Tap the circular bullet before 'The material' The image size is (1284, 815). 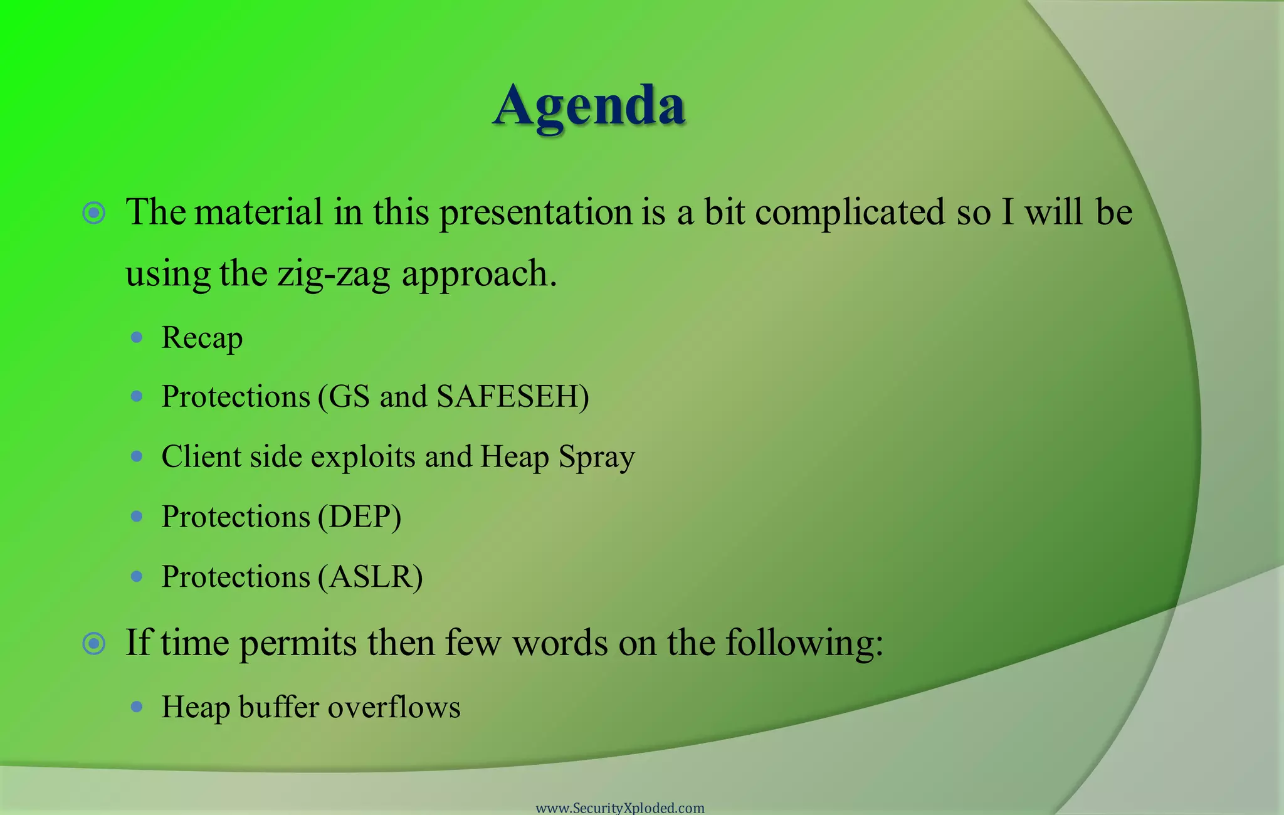pos(94,213)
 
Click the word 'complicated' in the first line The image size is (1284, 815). pos(850,212)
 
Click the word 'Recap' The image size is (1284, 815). pos(202,339)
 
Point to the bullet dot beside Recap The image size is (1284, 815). pos(137,338)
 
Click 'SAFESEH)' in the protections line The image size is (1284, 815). pos(513,396)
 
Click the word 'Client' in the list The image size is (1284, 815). pos(201,456)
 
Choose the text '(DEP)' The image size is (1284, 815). pos(359,517)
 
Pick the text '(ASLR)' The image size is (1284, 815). pos(370,577)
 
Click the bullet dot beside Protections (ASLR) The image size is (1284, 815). pos(137,576)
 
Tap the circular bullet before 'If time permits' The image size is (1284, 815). pos(94,643)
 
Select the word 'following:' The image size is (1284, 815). pos(804,643)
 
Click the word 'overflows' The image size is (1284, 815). pos(394,707)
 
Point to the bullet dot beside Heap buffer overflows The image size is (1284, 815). pos(137,707)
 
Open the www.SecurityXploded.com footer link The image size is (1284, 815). pos(620,808)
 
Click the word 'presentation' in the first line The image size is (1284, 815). pos(536,212)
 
